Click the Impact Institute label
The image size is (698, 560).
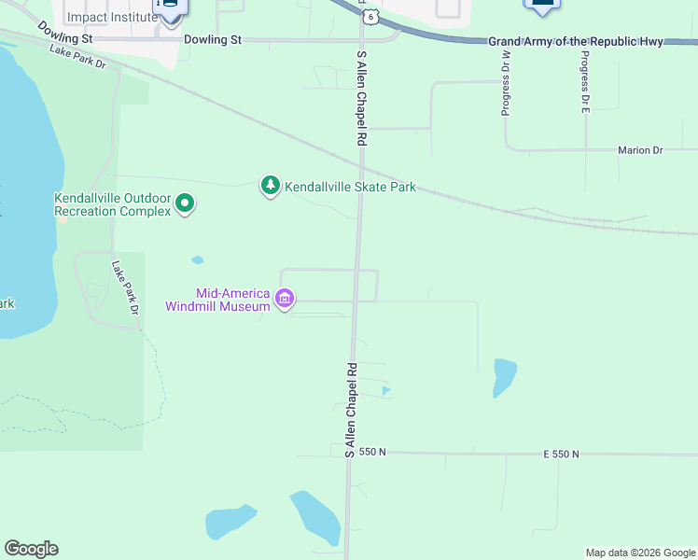[x=112, y=17]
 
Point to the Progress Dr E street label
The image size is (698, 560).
[x=585, y=82]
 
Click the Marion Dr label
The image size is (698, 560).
[x=639, y=149]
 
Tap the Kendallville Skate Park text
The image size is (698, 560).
[x=350, y=187]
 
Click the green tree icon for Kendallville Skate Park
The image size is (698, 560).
[x=270, y=187]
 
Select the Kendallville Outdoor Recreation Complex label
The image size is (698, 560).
[x=112, y=204]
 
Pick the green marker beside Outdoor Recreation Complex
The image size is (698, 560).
[x=185, y=203]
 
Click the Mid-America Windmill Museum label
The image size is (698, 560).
[x=219, y=300]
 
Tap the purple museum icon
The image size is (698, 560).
[x=285, y=300]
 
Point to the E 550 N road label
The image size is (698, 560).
[x=561, y=454]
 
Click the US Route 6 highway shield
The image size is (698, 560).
[x=371, y=17]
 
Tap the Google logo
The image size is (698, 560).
[x=31, y=549]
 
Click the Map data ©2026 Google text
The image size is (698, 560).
[x=640, y=553]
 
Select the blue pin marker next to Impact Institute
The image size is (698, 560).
[x=170, y=7]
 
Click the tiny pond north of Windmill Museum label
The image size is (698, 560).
[x=197, y=259]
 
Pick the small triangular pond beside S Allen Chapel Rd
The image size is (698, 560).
[x=386, y=390]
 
